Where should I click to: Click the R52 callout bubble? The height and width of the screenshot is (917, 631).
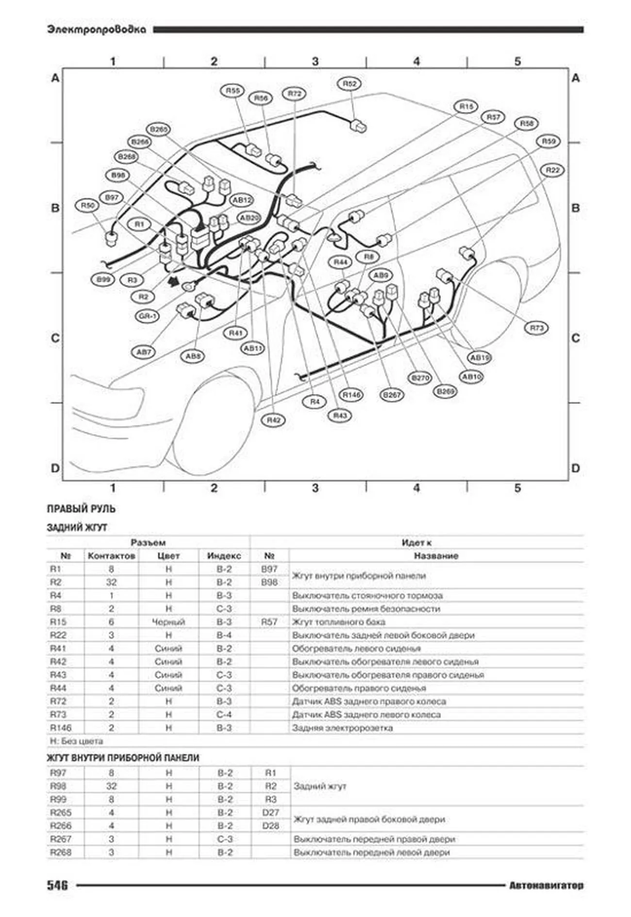[349, 84]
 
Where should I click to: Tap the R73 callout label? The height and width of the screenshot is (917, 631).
[536, 328]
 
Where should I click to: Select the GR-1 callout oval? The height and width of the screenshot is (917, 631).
[148, 316]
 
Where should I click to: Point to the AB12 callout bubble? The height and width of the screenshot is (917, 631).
[242, 200]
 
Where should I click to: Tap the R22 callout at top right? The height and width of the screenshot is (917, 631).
[552, 170]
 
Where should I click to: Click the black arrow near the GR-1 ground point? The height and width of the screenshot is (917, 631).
[172, 281]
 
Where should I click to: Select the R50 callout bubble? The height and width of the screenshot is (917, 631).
[87, 206]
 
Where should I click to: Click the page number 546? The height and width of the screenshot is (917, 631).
[57, 885]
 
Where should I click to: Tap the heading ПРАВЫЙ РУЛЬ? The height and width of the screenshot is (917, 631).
[81, 509]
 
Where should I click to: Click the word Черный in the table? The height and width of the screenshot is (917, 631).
[168, 622]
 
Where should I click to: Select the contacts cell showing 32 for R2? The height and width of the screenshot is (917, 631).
[111, 582]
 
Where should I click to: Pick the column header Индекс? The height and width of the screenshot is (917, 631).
[224, 556]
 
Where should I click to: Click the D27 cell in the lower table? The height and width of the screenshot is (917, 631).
[270, 812]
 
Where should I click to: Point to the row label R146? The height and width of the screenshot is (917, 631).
[61, 728]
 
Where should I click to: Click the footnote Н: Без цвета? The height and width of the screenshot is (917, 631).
[76, 741]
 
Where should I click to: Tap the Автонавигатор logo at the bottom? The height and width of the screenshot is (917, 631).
[546, 885]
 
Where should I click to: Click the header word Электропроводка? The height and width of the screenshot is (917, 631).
[97, 30]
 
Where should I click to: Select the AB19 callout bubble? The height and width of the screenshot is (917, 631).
[480, 358]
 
